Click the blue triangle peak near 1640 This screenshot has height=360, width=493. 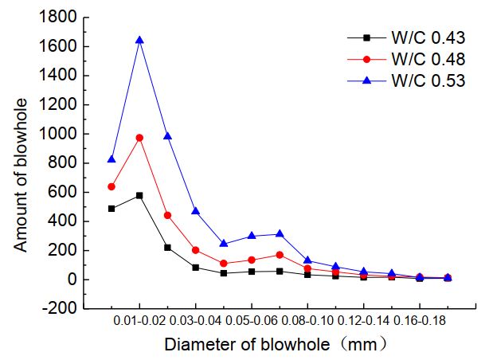[x=139, y=40]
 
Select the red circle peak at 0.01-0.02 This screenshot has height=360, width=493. [x=139, y=137]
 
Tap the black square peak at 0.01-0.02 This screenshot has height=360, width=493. [x=139, y=195]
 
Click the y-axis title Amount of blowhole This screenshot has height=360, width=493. [x=22, y=175]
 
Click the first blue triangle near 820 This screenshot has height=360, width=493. [x=112, y=159]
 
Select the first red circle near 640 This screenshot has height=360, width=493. [x=112, y=186]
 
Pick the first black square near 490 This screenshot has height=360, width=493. [x=112, y=209]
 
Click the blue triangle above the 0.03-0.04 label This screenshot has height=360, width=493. [x=195, y=211]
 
